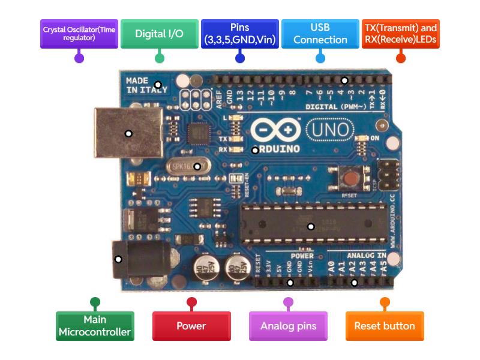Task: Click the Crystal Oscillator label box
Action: (x=79, y=34)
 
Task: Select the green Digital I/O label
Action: (x=159, y=34)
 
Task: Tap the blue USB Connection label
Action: (x=320, y=34)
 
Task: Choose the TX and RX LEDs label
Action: (x=400, y=34)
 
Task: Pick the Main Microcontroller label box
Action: (x=95, y=326)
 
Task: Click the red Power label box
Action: (x=191, y=326)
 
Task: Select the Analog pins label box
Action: (x=288, y=326)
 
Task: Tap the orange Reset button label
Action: (x=385, y=326)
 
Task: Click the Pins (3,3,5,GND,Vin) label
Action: (x=239, y=34)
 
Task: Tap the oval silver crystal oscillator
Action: (x=191, y=166)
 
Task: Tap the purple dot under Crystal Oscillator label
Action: (x=79, y=58)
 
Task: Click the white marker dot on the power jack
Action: (x=118, y=259)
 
